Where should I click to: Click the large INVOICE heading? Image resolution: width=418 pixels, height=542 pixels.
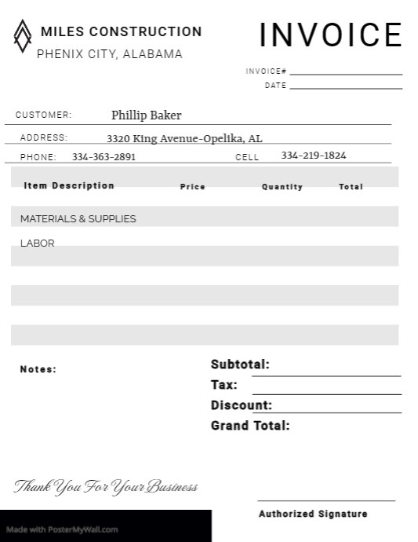(330, 35)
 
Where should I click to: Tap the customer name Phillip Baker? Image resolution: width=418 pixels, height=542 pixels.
(146, 115)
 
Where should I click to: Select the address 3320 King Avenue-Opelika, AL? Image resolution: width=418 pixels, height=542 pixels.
(184, 139)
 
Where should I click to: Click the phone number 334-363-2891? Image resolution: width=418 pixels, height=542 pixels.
(104, 156)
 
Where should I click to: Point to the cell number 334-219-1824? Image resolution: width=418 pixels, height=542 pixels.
(313, 156)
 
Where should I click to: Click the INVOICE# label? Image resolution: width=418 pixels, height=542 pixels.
(266, 71)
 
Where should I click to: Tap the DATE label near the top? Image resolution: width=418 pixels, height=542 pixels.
(275, 86)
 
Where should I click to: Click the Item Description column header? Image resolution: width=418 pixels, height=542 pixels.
(69, 186)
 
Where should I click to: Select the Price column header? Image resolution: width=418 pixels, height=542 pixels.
(192, 187)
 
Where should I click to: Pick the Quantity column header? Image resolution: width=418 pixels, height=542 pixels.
(282, 187)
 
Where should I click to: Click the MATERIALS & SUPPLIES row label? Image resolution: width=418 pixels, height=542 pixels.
(78, 219)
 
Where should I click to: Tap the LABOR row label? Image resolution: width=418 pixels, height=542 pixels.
(37, 244)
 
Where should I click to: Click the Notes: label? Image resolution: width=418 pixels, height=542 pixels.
(38, 369)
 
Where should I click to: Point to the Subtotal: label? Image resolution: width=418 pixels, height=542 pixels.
(240, 364)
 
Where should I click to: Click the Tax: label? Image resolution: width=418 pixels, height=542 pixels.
(224, 385)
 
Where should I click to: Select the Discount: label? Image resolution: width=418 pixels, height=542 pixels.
(242, 405)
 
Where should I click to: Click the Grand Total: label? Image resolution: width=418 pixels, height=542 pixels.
(250, 426)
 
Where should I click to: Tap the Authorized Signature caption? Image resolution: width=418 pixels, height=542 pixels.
(313, 514)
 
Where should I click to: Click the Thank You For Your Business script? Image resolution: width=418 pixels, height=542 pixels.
(106, 487)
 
